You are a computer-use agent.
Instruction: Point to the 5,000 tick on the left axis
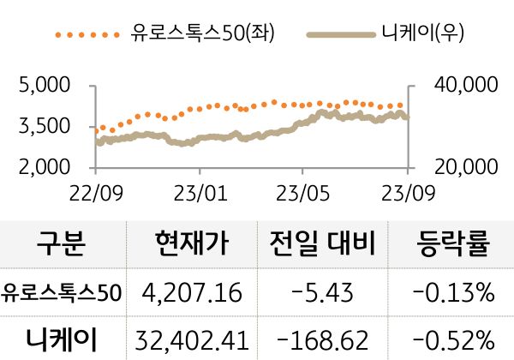pyautogui.click(x=43, y=86)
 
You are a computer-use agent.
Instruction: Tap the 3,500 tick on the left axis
pyautogui.click(x=43, y=127)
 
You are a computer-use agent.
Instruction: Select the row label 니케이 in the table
pyautogui.click(x=61, y=338)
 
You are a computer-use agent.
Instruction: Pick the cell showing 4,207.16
pyautogui.click(x=193, y=293)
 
